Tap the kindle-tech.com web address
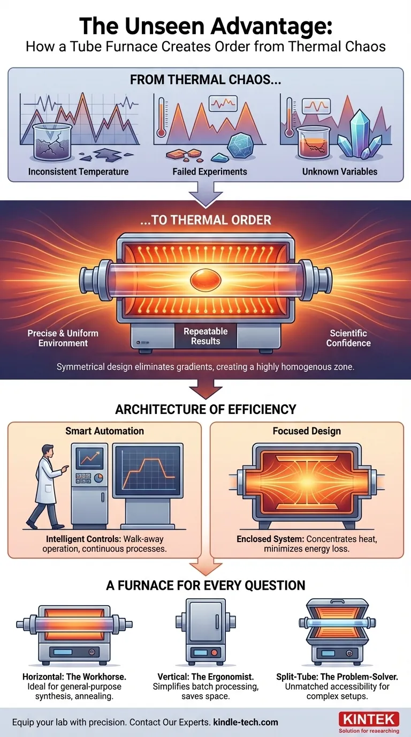tap(246, 722)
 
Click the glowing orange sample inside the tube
tap(205, 280)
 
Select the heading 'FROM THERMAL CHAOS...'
tap(205, 80)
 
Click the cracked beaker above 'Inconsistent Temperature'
tap(52, 142)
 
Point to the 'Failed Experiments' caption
tap(210, 171)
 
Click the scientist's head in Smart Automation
tap(48, 450)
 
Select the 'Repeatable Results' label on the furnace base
tap(205, 336)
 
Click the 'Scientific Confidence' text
tap(348, 338)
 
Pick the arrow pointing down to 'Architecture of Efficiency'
tap(205, 389)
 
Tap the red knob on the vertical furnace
tap(214, 652)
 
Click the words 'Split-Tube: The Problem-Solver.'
tap(337, 677)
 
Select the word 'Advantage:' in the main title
tap(265, 27)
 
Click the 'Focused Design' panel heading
tap(307, 431)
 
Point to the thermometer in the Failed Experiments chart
tap(161, 117)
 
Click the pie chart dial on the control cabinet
tap(98, 477)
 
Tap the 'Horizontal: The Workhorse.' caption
tap(74, 677)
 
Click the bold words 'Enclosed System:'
tap(270, 539)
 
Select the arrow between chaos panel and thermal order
tap(205, 194)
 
